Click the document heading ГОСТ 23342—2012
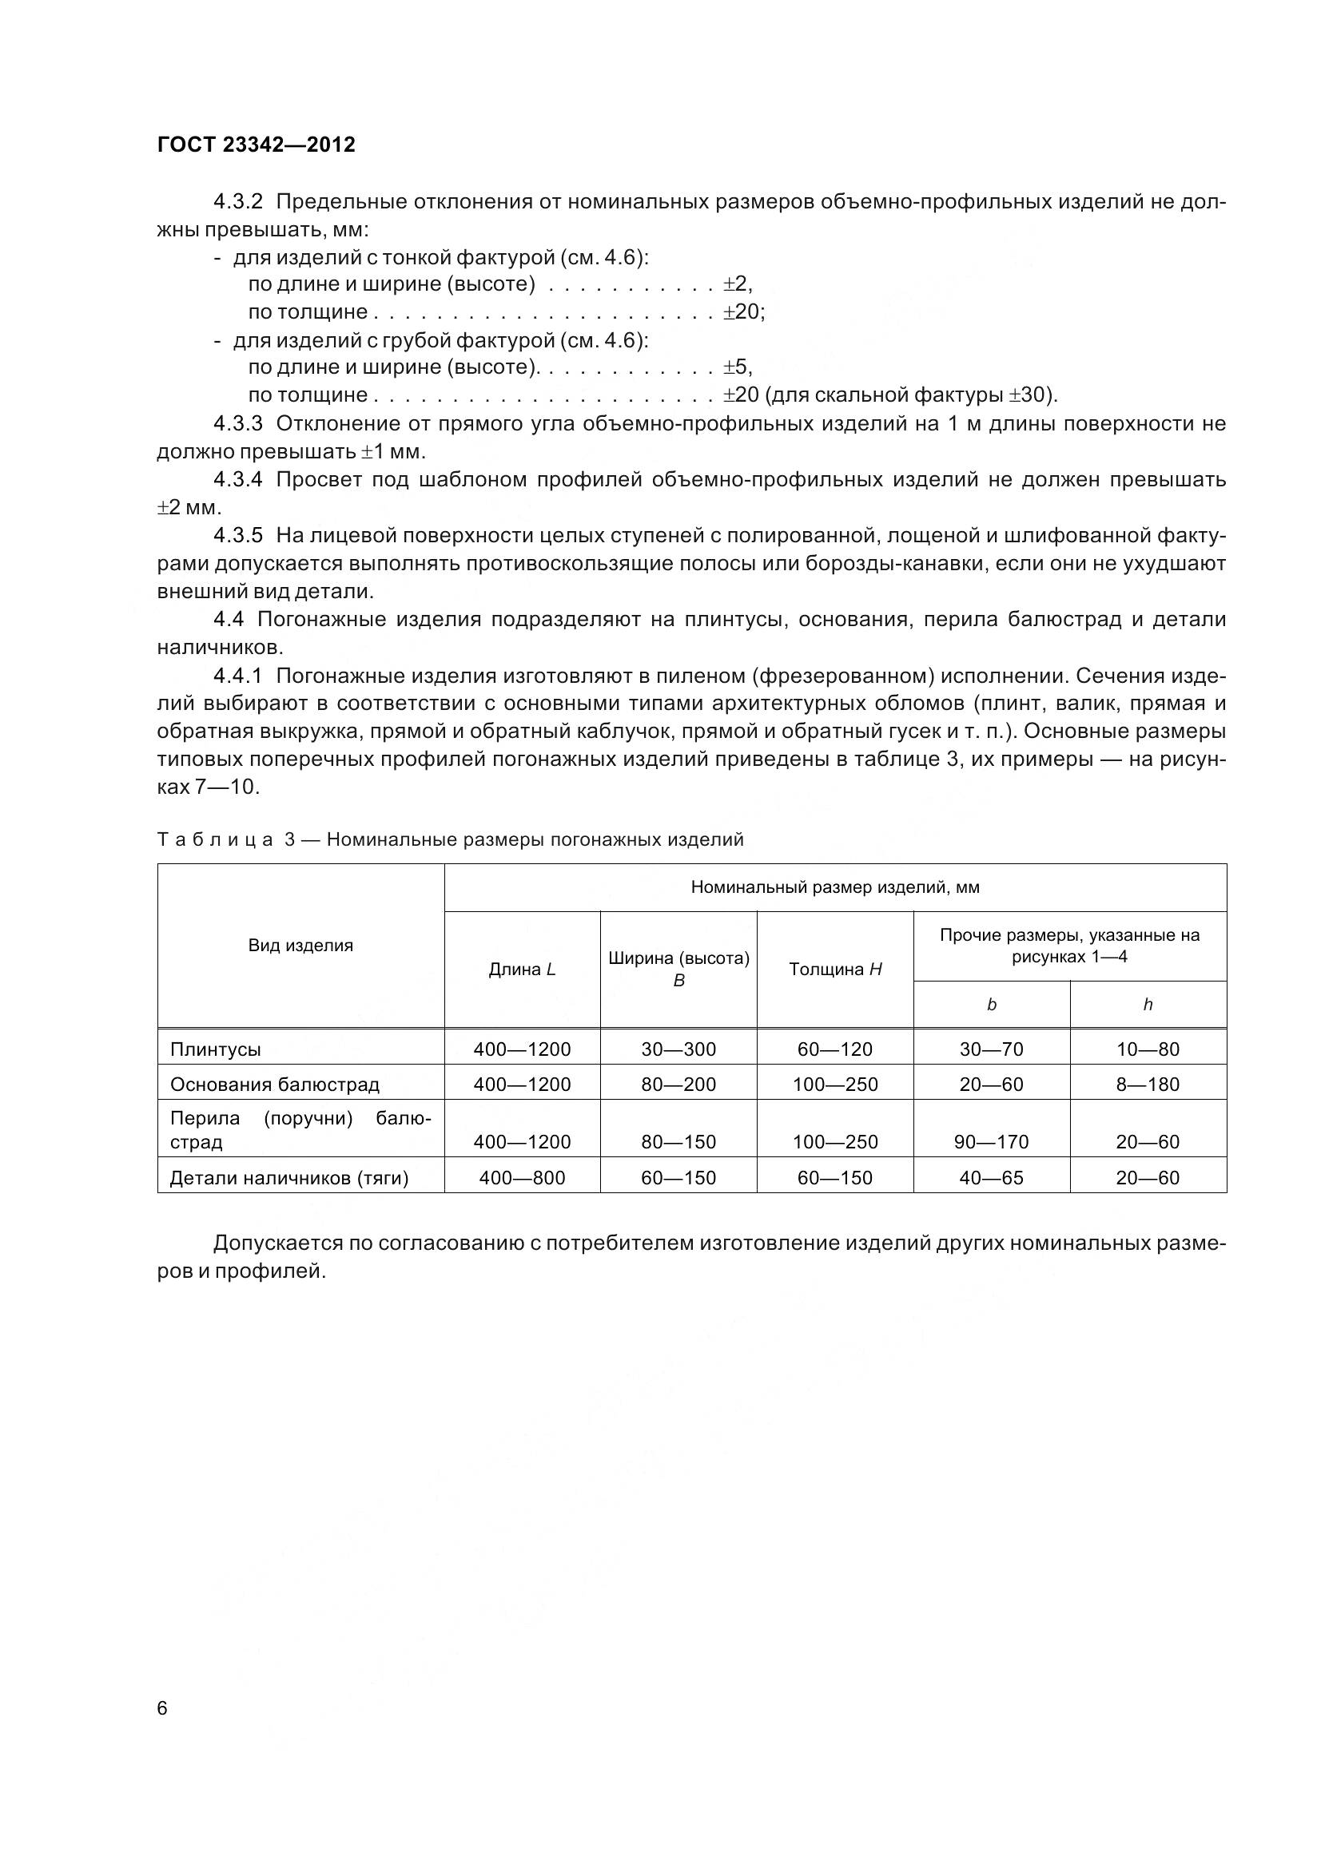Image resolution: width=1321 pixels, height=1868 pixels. click(256, 145)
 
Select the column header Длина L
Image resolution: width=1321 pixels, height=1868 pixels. click(522, 969)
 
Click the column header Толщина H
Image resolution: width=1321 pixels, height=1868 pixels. click(835, 969)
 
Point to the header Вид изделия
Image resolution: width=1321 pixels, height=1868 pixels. click(300, 946)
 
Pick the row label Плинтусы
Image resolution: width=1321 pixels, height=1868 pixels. click(215, 1049)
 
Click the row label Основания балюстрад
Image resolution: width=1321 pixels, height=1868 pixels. click(274, 1085)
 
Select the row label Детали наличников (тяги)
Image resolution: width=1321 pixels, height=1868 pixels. click(289, 1177)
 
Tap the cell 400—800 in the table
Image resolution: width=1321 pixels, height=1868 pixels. click(522, 1177)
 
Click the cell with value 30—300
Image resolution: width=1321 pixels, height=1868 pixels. click(678, 1049)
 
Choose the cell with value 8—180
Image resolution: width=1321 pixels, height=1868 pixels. click(1148, 1085)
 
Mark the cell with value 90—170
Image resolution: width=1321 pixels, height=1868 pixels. click(992, 1141)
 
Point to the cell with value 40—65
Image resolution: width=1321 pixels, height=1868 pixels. click(992, 1177)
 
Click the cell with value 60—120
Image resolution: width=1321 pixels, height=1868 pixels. click(835, 1049)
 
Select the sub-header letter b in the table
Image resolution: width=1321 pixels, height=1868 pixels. click(992, 1005)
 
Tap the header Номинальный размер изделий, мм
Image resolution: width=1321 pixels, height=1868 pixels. click(835, 887)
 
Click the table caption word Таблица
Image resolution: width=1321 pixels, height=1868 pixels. click(215, 839)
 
